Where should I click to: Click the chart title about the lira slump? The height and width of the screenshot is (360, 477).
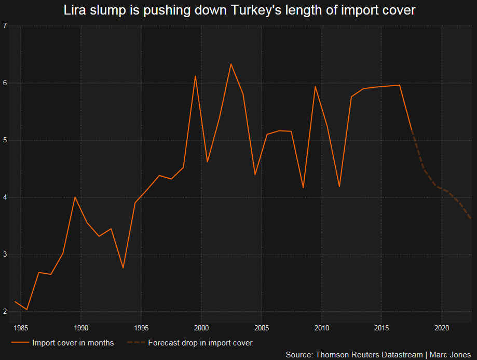[239, 10]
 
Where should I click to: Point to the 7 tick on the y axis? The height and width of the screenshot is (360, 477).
[5, 26]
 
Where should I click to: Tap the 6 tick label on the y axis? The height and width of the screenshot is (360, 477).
[5, 83]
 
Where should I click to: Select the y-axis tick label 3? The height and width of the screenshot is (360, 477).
[5, 255]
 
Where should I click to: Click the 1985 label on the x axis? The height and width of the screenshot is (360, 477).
[21, 328]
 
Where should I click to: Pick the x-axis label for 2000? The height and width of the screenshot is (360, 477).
[201, 328]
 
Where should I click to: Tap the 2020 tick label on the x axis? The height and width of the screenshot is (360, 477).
[442, 328]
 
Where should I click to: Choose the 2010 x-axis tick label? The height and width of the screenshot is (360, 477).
[321, 328]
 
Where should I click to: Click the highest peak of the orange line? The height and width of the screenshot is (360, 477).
[231, 64]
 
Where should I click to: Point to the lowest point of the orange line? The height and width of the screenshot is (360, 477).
[26, 310]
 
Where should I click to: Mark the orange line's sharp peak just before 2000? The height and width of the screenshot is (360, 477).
[195, 76]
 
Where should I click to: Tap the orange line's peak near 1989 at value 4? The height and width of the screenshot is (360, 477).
[75, 197]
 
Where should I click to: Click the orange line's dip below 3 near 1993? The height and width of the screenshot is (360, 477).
[123, 268]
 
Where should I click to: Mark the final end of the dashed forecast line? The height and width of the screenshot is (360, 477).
[471, 219]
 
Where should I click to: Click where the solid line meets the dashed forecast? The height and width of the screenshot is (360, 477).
[412, 129]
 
